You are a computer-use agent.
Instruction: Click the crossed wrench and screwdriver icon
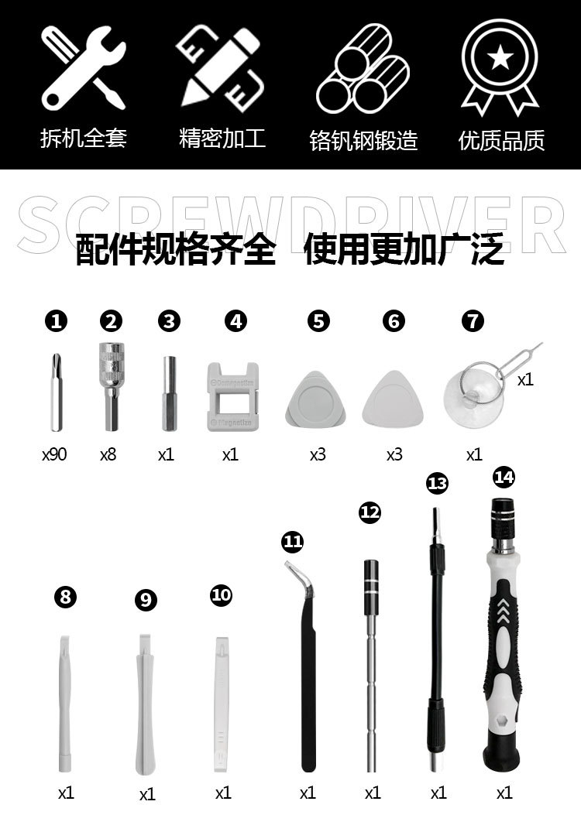[x=82, y=67]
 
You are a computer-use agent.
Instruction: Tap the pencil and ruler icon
[x=218, y=67]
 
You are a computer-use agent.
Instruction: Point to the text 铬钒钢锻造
[x=363, y=140]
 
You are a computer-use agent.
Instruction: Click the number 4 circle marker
[x=235, y=321]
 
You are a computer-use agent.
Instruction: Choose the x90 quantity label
[x=54, y=454]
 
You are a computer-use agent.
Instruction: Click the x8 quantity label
[x=108, y=454]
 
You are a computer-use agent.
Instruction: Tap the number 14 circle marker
[x=503, y=477]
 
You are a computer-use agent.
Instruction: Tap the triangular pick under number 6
[x=394, y=396]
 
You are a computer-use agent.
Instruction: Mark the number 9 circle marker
[x=145, y=600]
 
